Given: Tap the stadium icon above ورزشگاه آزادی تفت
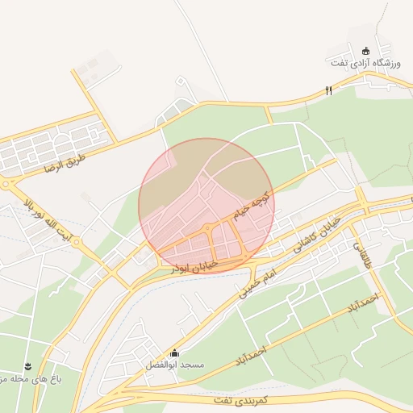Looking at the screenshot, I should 365,50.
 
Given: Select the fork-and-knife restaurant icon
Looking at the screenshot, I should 328,91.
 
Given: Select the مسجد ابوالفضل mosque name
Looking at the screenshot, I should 175,365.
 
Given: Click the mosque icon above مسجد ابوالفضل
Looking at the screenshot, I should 175,353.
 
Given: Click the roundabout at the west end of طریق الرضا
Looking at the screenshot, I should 6,184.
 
